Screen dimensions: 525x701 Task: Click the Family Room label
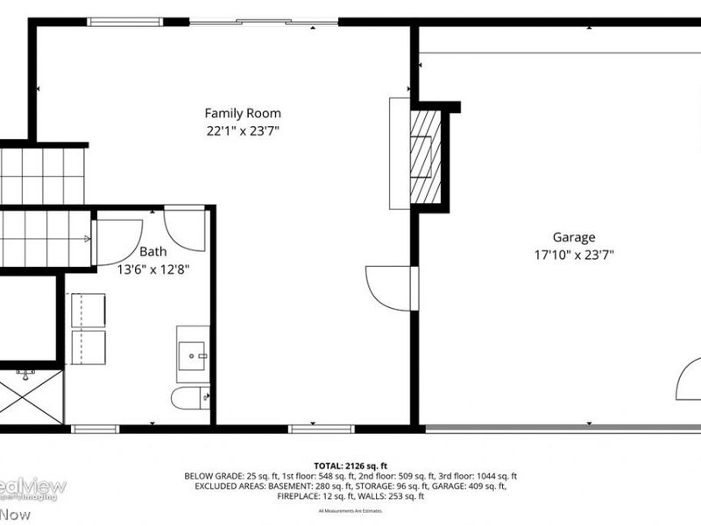coord(243,113)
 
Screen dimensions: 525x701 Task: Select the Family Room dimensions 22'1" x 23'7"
coord(243,131)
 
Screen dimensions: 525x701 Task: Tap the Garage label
coord(573,236)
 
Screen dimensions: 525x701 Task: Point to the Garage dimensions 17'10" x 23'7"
coord(573,255)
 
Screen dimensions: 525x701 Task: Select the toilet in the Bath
coord(190,399)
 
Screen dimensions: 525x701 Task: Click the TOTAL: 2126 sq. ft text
coord(350,465)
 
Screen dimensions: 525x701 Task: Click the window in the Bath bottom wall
coord(95,429)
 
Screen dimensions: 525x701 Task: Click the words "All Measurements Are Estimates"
coord(350,510)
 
